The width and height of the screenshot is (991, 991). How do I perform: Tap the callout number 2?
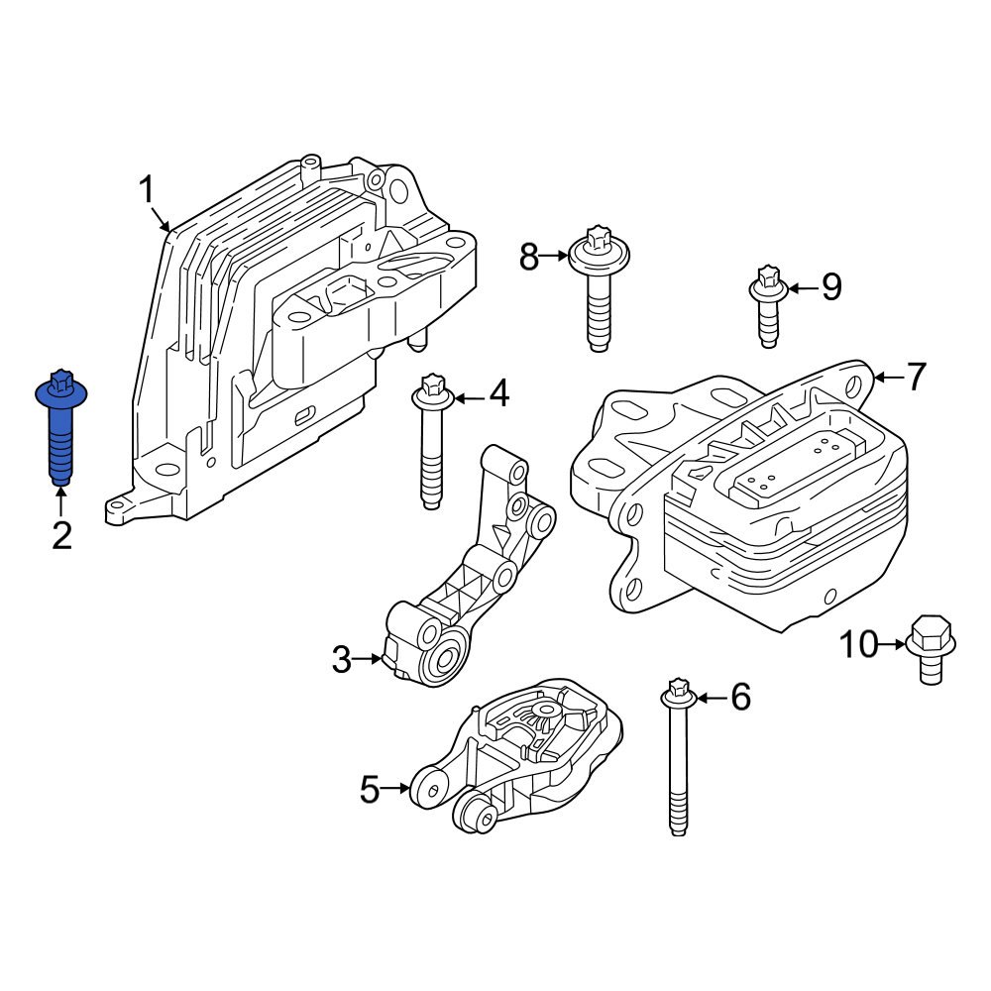[x=61, y=536]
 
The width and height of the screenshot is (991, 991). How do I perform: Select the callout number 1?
[x=147, y=188]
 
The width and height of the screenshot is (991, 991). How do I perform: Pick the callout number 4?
[x=498, y=395]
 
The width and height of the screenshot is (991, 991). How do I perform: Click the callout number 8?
[x=529, y=258]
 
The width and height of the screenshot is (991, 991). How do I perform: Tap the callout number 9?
[x=830, y=287]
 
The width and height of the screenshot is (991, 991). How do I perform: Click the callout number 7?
[x=916, y=377]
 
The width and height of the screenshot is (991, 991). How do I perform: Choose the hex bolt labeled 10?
[x=929, y=649]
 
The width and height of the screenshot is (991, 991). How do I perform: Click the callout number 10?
[x=859, y=645]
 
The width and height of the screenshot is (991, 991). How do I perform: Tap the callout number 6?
[x=740, y=698]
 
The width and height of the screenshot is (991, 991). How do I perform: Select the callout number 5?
[x=370, y=790]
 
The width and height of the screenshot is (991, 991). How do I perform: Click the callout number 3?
[x=342, y=659]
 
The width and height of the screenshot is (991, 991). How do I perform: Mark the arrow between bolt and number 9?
[x=804, y=288]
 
